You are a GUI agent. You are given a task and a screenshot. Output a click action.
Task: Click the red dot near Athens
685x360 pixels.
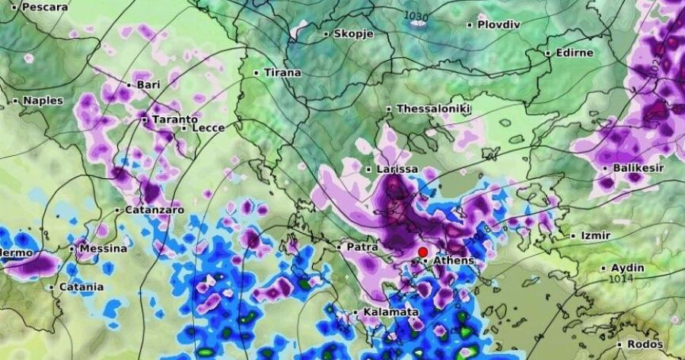tap(422, 252)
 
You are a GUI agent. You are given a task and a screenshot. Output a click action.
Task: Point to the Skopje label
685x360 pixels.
tap(352, 34)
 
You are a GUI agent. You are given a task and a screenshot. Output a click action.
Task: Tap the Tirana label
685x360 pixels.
tap(282, 73)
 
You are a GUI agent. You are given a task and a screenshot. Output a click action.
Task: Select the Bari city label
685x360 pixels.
tap(148, 84)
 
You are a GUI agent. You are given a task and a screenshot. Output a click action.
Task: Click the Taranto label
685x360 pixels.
tap(174, 119)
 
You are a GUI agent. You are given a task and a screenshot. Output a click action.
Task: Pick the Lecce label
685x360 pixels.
tap(208, 128)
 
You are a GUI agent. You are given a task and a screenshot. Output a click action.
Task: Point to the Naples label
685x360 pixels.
tap(43, 100)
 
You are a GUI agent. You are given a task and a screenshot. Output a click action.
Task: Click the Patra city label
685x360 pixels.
tap(363, 247)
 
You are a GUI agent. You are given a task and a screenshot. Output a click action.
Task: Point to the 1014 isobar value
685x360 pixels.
tap(622, 279)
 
